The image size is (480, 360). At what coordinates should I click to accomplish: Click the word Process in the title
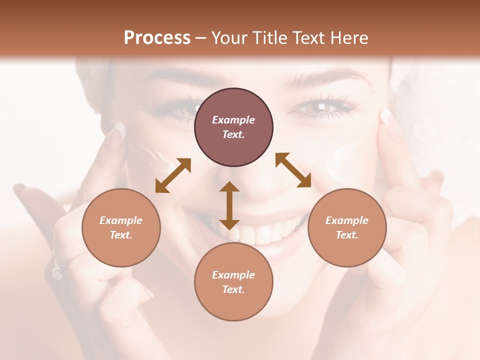click(157, 38)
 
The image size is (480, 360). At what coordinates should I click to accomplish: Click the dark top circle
click(233, 127)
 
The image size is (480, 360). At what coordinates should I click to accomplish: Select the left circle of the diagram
click(121, 227)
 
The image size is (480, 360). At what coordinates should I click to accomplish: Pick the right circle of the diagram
click(347, 227)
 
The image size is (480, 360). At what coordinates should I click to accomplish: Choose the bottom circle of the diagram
click(233, 282)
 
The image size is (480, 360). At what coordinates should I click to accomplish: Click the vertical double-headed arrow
click(229, 205)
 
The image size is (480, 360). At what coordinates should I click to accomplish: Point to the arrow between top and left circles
click(173, 175)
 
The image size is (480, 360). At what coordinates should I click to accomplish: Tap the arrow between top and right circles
click(293, 170)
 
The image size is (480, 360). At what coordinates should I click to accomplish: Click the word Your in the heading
click(227, 38)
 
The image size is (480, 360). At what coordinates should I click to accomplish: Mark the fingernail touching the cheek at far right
click(385, 117)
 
